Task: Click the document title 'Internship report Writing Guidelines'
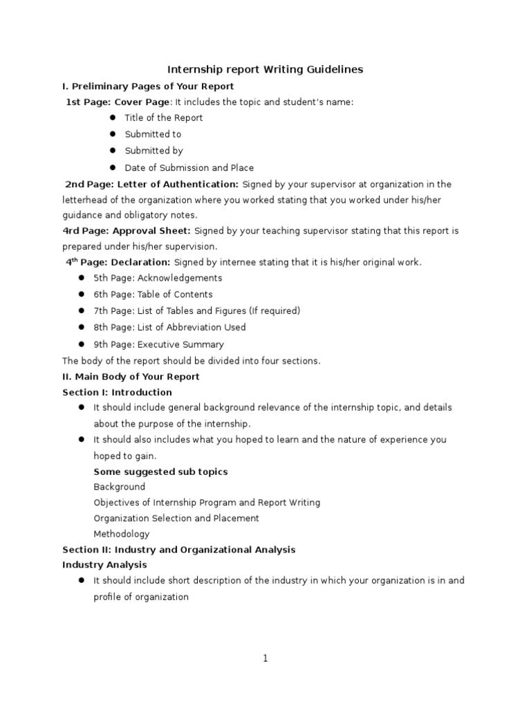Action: click(x=265, y=69)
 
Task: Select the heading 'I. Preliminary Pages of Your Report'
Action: click(x=148, y=86)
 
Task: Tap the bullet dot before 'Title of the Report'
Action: click(x=111, y=118)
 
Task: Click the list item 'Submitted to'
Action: click(x=153, y=134)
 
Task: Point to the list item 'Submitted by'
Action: click(x=153, y=151)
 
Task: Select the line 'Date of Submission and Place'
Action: click(x=189, y=167)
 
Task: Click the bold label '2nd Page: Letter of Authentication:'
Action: click(x=152, y=184)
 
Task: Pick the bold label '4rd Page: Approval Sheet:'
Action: click(x=127, y=230)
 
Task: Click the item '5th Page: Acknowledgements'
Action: click(x=158, y=278)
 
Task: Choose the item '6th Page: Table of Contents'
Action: click(x=153, y=295)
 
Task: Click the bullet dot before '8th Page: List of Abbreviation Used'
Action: click(x=80, y=327)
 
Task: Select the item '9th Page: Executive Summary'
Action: click(x=158, y=344)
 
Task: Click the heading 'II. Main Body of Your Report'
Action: click(x=131, y=377)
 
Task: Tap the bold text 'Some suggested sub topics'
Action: click(x=160, y=472)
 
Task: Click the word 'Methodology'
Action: click(x=121, y=534)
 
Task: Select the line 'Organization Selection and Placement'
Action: click(x=176, y=518)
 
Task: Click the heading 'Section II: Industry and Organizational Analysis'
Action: click(x=178, y=550)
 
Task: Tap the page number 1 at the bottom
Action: click(x=265, y=659)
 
